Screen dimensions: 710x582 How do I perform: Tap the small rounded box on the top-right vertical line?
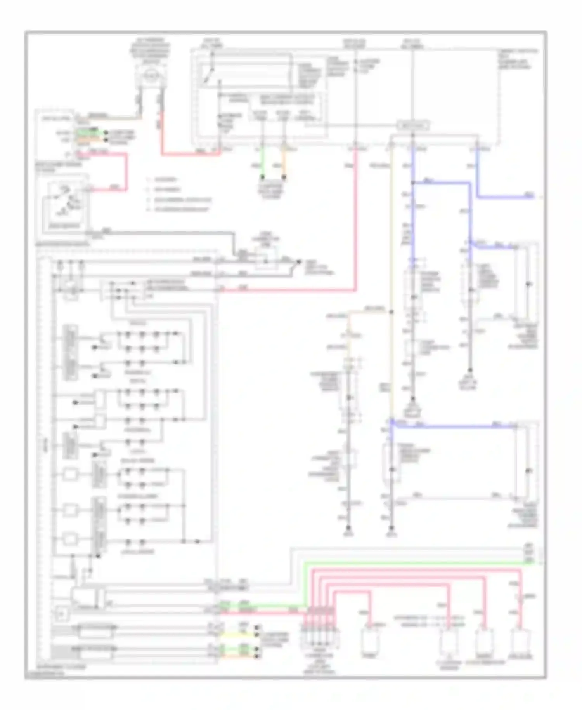point(413,125)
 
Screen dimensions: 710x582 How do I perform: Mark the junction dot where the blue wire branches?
point(413,183)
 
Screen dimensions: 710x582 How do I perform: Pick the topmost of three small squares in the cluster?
point(70,474)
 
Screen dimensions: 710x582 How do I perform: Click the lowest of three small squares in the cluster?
point(70,539)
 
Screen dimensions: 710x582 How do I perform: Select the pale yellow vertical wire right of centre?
point(391,280)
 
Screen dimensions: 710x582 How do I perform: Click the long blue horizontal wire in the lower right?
point(454,427)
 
